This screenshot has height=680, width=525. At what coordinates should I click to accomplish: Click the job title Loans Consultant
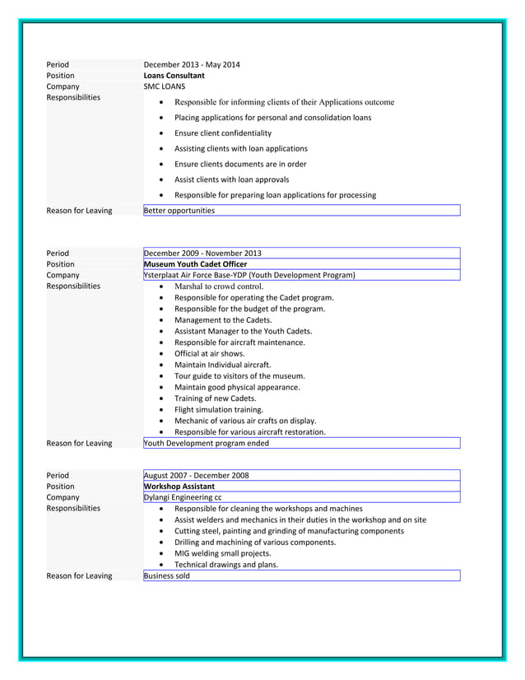(x=174, y=76)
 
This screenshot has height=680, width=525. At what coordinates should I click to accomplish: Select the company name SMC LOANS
(x=165, y=86)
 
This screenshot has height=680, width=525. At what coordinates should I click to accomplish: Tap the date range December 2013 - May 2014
(x=192, y=65)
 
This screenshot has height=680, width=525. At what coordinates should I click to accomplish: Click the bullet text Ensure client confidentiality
(x=223, y=133)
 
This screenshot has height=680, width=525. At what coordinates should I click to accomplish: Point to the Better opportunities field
(x=179, y=211)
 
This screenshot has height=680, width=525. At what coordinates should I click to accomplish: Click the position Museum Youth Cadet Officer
(x=195, y=264)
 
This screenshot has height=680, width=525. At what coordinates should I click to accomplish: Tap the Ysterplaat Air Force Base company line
(x=249, y=275)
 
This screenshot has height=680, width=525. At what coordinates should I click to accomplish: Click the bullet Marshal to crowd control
(x=218, y=286)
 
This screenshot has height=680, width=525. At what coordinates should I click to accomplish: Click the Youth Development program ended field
(x=207, y=443)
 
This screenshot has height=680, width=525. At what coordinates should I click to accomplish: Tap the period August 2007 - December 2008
(x=196, y=476)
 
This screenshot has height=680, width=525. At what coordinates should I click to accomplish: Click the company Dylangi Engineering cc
(x=183, y=497)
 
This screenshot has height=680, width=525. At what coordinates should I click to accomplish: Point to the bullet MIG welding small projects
(x=223, y=553)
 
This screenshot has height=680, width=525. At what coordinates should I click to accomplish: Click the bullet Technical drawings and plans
(x=226, y=565)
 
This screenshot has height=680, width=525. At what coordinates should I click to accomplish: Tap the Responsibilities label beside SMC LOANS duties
(x=73, y=98)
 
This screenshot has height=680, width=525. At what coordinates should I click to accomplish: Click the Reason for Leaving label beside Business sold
(x=79, y=576)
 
